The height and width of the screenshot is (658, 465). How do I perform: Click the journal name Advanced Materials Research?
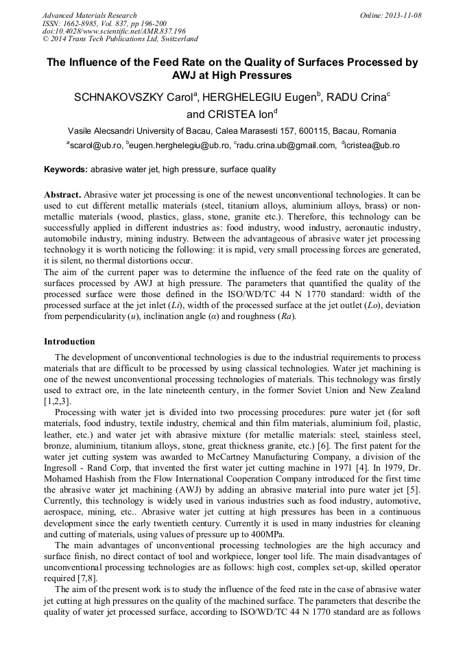(90, 15)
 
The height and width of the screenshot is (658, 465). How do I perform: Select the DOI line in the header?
(114, 31)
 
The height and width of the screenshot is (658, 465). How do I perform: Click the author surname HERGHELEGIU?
(263, 97)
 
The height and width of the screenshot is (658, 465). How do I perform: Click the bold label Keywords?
(66, 169)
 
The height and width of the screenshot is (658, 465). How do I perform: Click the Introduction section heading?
(69, 342)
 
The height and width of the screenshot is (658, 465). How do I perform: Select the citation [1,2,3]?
(57, 401)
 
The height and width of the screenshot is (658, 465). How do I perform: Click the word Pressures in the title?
(265, 75)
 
